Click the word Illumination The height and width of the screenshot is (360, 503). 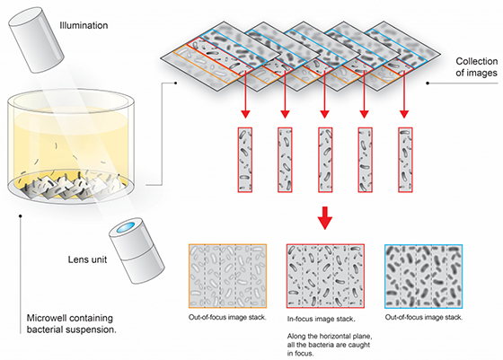coord(84,25)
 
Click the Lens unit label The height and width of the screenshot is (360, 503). coord(87,259)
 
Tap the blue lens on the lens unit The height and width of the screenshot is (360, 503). coord(125,227)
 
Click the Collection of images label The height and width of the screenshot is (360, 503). coord(477,67)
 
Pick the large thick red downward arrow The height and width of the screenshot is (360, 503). coord(325,218)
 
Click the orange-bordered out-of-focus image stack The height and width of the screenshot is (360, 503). coord(228,276)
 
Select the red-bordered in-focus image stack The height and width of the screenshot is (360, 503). coord(325,276)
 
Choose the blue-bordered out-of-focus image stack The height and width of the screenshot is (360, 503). coord(423,276)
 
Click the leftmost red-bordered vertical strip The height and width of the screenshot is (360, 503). coord(244,160)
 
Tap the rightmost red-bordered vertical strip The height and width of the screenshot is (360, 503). coord(405,160)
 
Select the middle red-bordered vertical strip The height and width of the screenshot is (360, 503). coord(325,160)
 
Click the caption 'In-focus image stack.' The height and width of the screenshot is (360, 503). coord(321,319)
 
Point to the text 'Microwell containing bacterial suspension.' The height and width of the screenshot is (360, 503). coord(71,324)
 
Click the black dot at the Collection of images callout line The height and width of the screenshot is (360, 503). coord(428,83)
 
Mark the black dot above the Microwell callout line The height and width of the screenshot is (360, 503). coord(20,216)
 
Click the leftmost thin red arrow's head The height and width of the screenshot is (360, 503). coord(245,114)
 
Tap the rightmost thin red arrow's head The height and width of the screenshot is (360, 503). coord(404,114)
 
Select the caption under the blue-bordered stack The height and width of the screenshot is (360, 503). coord(424,318)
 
